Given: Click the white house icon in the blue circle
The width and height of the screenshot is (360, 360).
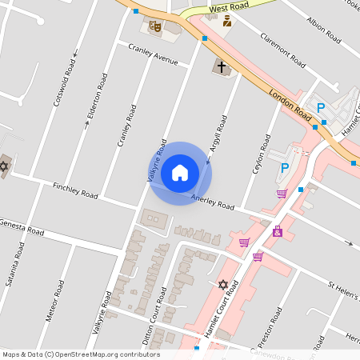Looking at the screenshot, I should (180, 172).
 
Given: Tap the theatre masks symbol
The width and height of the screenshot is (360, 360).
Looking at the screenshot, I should (155, 26).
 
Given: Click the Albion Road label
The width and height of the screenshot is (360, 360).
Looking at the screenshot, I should (324, 30).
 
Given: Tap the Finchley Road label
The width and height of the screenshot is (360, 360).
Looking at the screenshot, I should (75, 190).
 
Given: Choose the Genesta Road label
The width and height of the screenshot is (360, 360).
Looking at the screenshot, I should (22, 226).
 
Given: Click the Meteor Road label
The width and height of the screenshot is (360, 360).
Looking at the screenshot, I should (54, 301).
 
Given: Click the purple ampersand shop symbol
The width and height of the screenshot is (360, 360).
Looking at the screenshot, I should (278, 231).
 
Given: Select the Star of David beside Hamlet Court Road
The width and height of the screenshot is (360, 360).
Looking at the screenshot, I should (223, 284).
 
